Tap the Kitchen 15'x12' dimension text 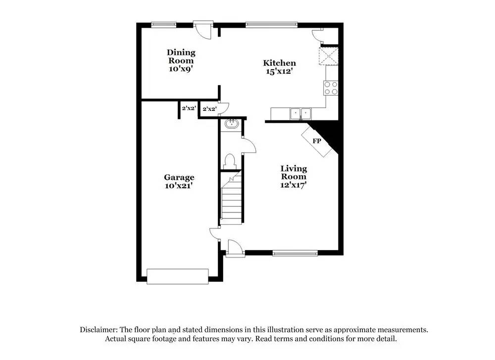[x=279, y=71]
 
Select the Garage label [x=179, y=177]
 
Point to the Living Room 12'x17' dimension [x=294, y=185]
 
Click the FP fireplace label [x=317, y=141]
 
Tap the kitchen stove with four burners [x=331, y=88]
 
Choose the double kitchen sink [x=300, y=114]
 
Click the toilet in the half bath [x=230, y=161]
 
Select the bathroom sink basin [x=231, y=124]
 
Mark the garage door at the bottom [x=178, y=276]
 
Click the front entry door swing [x=233, y=246]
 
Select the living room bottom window [x=295, y=253]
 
